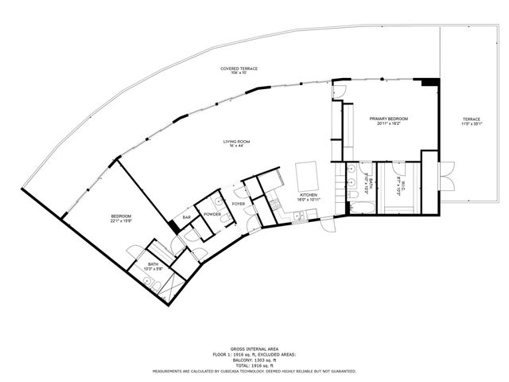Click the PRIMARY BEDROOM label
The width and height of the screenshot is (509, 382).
pyautogui.click(x=389, y=118)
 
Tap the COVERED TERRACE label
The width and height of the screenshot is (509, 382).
pyautogui.click(x=239, y=69)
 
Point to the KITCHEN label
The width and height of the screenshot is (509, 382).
pyautogui.click(x=309, y=194)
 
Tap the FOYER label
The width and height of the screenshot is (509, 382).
pyautogui.click(x=239, y=204)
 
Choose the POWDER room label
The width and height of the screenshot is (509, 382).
pyautogui.click(x=212, y=214)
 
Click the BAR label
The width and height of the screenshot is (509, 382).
pyautogui.click(x=187, y=217)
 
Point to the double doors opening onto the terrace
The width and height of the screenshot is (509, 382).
pyautogui.click(x=446, y=173)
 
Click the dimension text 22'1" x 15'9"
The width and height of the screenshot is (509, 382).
pyautogui.click(x=121, y=221)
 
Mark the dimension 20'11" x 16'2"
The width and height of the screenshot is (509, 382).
pyautogui.click(x=389, y=123)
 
